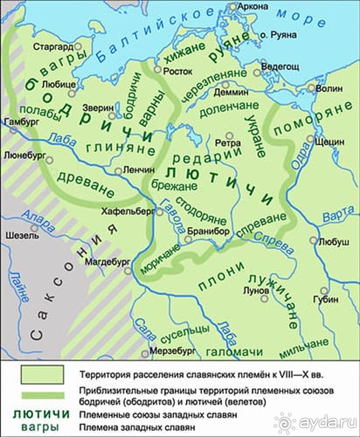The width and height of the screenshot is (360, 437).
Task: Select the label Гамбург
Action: pos(17,123)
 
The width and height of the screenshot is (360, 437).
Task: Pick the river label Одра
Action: pos(298,162)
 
